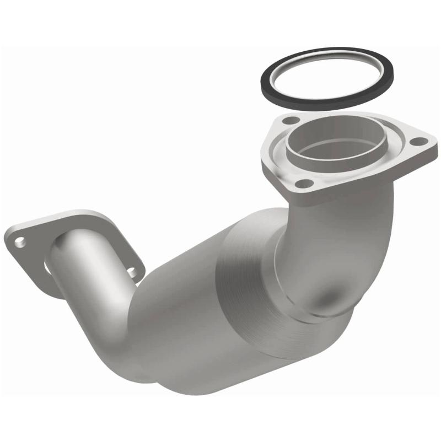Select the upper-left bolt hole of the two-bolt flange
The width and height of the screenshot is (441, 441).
point(20,240)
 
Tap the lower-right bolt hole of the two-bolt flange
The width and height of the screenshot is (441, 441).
point(133,271)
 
